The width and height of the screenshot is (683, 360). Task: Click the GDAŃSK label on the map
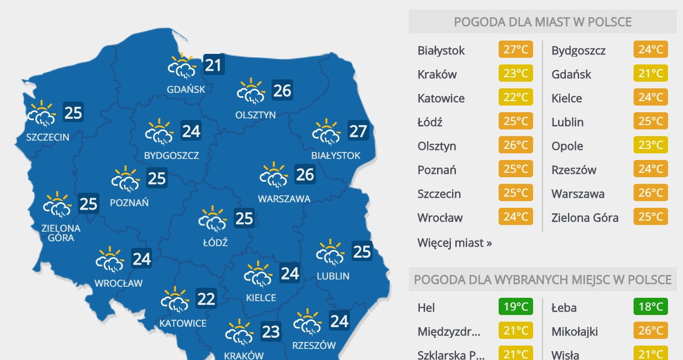186,89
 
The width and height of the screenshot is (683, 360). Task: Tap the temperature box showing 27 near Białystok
358,131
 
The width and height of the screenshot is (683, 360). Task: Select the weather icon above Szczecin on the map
42,113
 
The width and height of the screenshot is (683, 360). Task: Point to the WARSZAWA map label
284,198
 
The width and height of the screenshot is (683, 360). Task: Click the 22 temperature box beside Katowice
206,299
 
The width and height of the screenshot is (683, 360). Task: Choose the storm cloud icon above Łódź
213,218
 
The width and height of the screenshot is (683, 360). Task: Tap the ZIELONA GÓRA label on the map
61,233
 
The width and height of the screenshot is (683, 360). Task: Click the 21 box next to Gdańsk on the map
213,65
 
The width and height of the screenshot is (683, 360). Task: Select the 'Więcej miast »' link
455,243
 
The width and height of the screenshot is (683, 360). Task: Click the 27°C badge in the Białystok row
515,50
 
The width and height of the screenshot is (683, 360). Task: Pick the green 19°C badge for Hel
515,307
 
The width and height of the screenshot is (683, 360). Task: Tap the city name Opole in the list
567,146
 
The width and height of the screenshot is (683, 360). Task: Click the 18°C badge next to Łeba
650,307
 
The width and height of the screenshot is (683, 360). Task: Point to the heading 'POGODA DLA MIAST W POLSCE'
543,22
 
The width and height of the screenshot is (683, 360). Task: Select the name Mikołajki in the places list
575,332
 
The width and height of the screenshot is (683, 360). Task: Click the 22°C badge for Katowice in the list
515,98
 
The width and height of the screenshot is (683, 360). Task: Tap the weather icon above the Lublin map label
330,253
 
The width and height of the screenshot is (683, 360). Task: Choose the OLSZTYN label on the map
255,115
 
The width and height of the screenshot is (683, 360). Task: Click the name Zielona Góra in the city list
585,218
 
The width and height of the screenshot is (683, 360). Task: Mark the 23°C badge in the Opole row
650,146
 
